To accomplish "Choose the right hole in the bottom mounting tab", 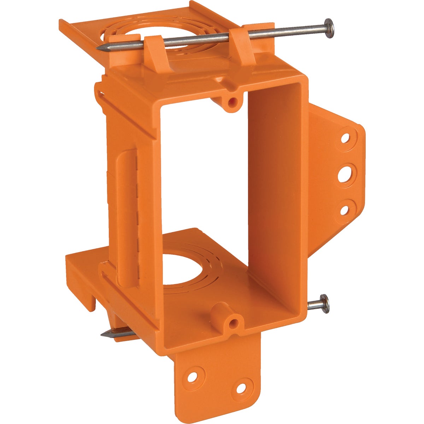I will pyautogui.click(x=241, y=388).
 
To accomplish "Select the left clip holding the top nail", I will pyautogui.click(x=154, y=53).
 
